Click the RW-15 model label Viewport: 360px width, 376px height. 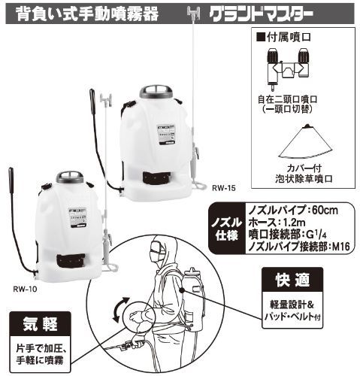[x=224, y=188]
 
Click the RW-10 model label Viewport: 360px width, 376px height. [x=25, y=289]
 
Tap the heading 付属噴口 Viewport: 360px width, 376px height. [x=284, y=37]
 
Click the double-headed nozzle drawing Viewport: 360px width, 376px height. [x=288, y=67]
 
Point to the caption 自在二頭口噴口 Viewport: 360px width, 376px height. [x=288, y=99]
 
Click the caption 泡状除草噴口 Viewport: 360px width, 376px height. [x=304, y=179]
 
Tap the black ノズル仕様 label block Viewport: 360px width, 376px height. [x=227, y=229]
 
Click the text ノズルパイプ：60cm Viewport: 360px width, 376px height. [x=293, y=210]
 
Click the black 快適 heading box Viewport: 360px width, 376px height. [x=292, y=280]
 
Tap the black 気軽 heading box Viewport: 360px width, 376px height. [x=40, y=324]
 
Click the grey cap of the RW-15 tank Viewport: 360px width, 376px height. [x=156, y=92]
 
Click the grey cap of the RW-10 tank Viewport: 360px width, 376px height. [x=70, y=177]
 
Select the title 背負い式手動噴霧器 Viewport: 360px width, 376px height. [x=87, y=14]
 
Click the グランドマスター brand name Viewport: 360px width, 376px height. [x=261, y=14]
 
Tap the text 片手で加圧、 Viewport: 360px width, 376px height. [x=41, y=348]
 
